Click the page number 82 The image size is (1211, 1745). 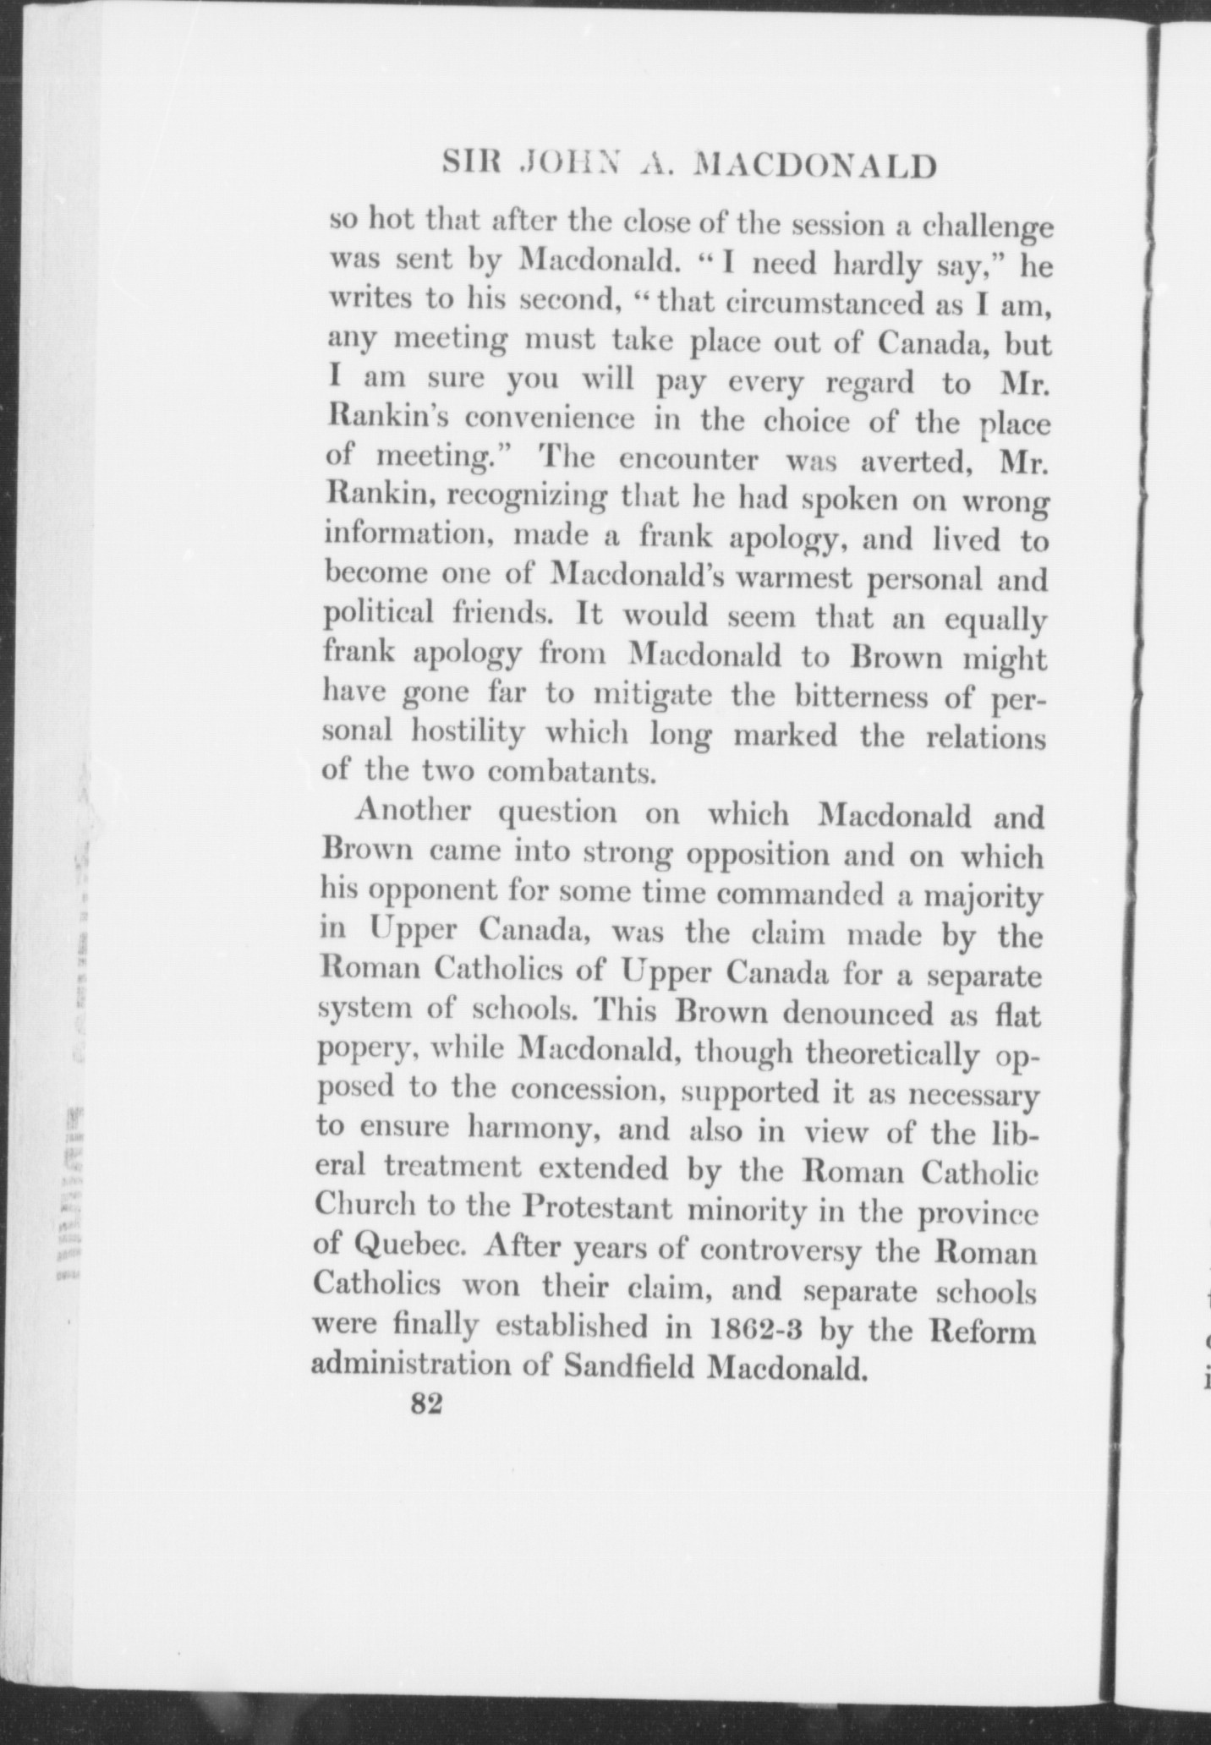click(426, 1427)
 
